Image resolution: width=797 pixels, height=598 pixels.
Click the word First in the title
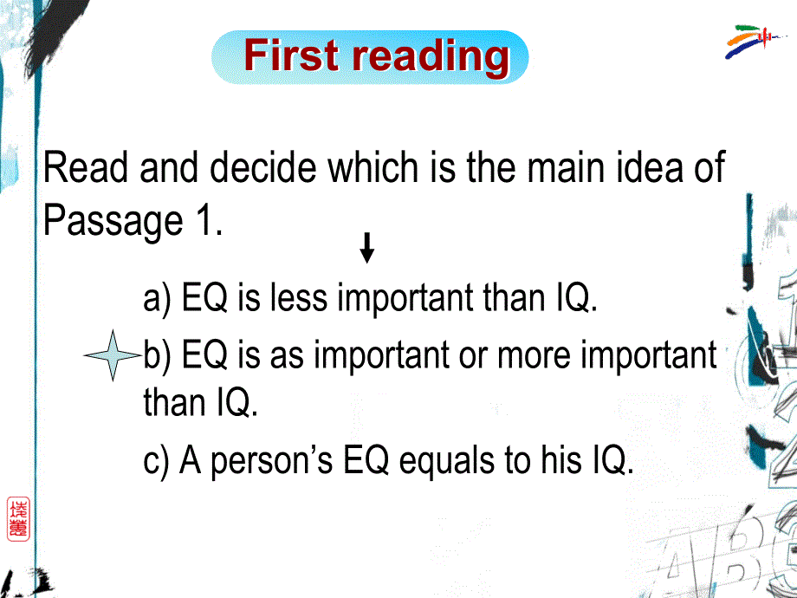(291, 55)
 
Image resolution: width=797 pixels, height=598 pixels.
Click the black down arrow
(367, 248)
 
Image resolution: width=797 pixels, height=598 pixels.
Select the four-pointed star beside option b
(113, 355)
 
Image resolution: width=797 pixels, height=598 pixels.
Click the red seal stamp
(18, 518)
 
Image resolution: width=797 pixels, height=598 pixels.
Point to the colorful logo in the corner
(754, 41)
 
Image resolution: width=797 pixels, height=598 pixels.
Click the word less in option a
(299, 297)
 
